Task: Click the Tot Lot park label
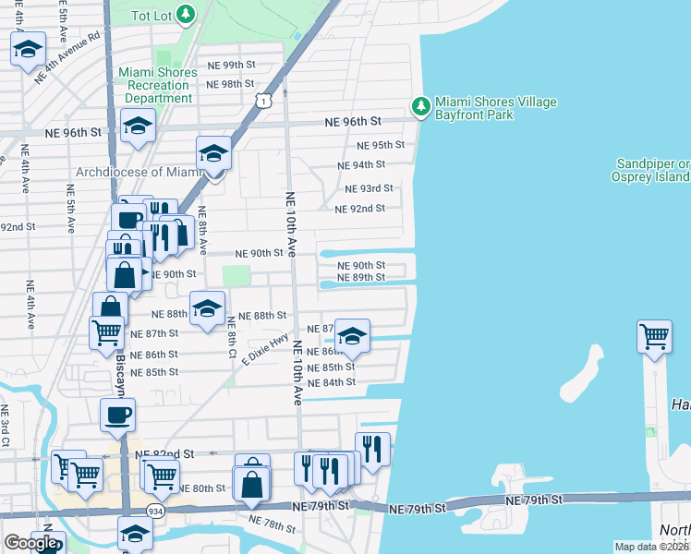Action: coord(152,16)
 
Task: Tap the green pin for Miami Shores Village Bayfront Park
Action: coord(421,107)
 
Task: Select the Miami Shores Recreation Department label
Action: coord(158,85)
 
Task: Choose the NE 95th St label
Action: coord(381,145)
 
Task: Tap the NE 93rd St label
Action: coord(369,188)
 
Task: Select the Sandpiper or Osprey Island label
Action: coord(651,170)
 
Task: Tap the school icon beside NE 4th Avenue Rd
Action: coord(29,49)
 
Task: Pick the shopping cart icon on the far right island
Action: coord(654,336)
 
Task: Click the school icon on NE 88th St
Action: coord(207,308)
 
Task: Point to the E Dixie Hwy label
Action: coord(265,349)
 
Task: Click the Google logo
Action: coord(30,543)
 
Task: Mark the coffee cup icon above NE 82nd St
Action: coord(118,415)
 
